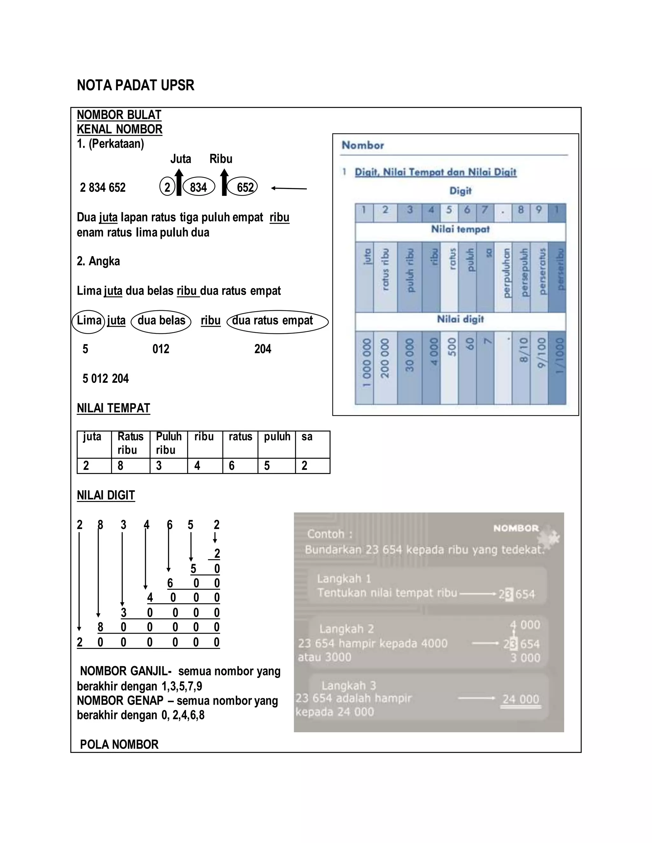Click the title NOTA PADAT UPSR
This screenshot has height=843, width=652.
pos(135,85)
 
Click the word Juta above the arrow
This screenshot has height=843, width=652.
pos(181,159)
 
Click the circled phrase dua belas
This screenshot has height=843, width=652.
pos(161,321)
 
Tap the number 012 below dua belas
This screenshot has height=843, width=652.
pos(161,349)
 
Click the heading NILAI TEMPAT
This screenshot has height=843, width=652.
pos(113,408)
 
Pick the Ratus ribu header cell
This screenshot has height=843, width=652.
pos(130,443)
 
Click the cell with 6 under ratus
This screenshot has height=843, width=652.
pos(239,466)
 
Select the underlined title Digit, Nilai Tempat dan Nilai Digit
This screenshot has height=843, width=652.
pos(435,172)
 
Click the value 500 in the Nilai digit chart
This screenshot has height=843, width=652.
pos(449,347)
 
